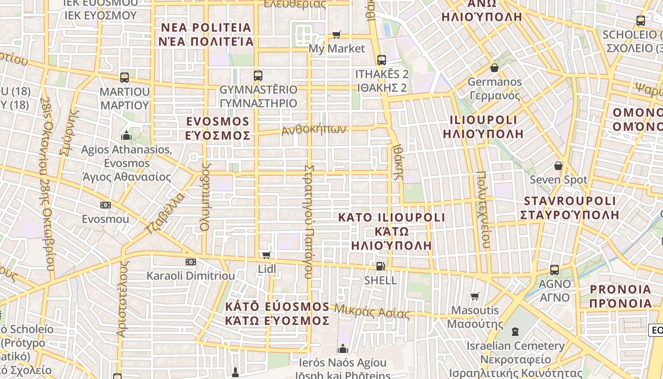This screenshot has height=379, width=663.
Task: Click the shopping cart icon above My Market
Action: [x=336, y=35]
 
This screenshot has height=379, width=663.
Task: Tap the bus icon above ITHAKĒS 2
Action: [x=382, y=60]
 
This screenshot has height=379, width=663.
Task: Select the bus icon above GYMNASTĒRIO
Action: [x=258, y=75]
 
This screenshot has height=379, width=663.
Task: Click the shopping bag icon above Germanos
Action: [x=494, y=68]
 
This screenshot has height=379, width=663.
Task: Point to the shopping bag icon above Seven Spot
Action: [x=558, y=166]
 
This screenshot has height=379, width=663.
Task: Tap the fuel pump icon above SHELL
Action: [x=380, y=266]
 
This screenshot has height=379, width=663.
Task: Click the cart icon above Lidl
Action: [x=267, y=255]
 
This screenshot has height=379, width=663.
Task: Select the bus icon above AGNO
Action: [x=555, y=270]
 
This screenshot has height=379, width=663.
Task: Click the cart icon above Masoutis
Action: [x=475, y=297]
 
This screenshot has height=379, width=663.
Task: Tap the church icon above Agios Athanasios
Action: [x=126, y=136]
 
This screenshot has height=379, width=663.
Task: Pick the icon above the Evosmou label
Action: [x=106, y=205]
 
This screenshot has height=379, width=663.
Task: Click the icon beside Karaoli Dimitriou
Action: [x=191, y=262]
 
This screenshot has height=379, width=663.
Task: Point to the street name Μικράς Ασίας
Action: [x=372, y=311]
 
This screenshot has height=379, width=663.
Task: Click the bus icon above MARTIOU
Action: [x=125, y=77]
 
